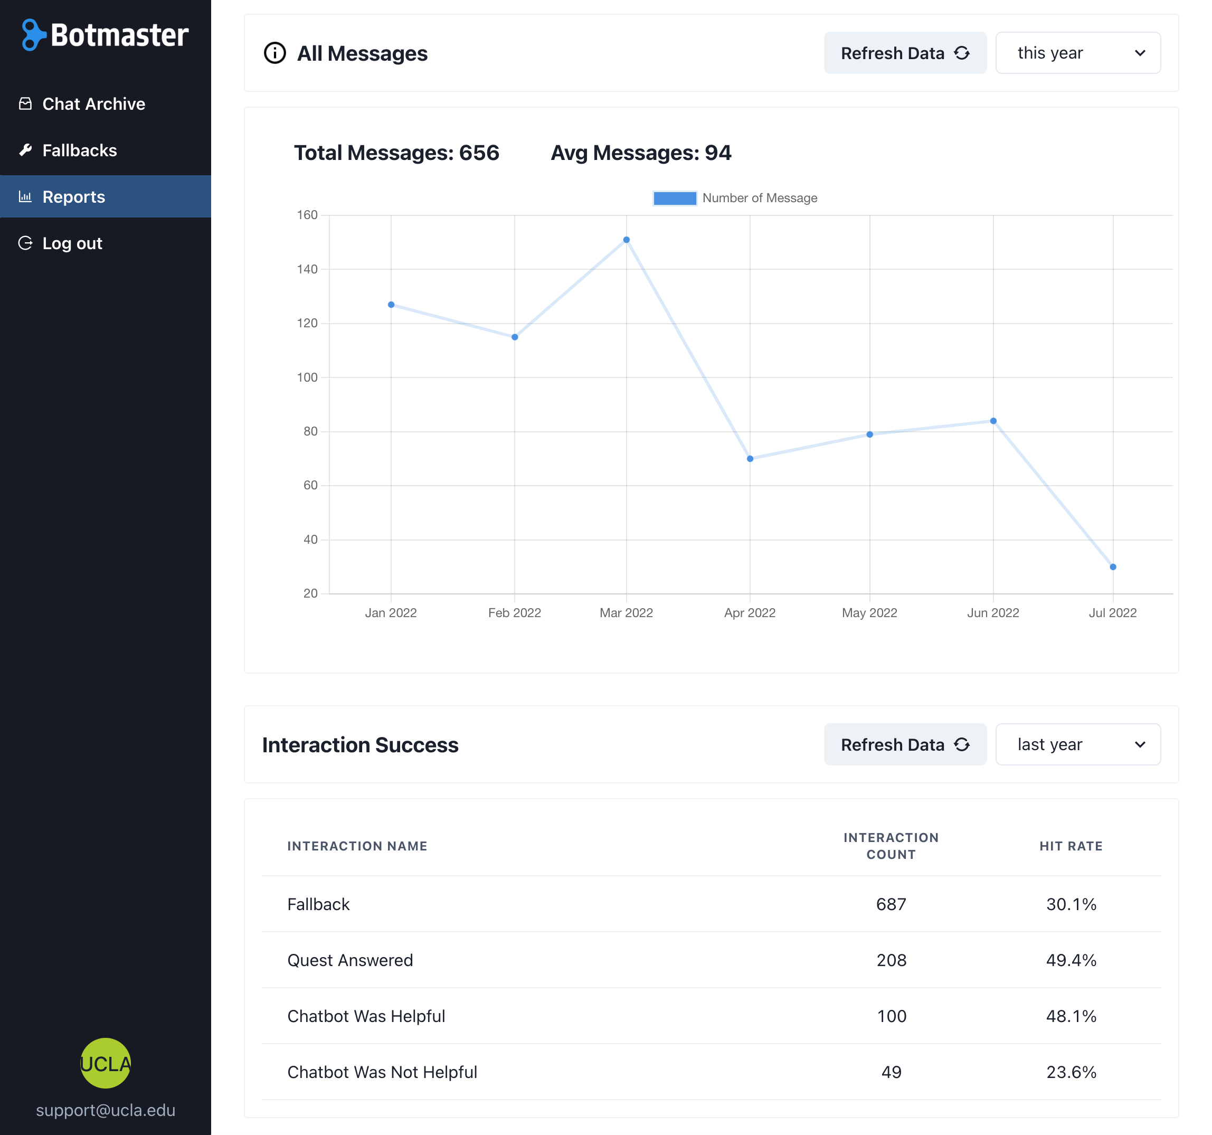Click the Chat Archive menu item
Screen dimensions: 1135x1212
[93, 103]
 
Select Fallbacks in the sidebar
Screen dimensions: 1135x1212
[79, 150]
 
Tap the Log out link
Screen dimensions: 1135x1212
[72, 243]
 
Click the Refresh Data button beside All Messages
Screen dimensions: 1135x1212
[905, 53]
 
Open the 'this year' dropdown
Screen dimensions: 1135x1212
[1077, 53]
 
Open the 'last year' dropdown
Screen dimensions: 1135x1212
[1077, 744]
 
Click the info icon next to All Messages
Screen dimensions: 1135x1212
[274, 53]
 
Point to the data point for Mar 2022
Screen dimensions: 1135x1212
[626, 240]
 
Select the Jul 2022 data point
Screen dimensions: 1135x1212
[1113, 567]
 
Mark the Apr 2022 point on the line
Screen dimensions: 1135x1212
[750, 458]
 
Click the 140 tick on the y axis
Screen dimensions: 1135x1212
[307, 269]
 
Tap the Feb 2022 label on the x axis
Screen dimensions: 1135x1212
[515, 612]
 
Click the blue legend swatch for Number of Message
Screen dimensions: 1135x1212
[674, 198]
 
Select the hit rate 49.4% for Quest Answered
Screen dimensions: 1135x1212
[1071, 960]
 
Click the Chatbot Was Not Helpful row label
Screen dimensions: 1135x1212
[382, 1072]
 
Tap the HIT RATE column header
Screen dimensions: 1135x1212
[1071, 846]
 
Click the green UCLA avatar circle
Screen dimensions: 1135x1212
[106, 1063]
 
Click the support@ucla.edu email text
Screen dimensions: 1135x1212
[106, 1110]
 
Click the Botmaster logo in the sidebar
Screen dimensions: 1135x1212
[106, 35]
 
